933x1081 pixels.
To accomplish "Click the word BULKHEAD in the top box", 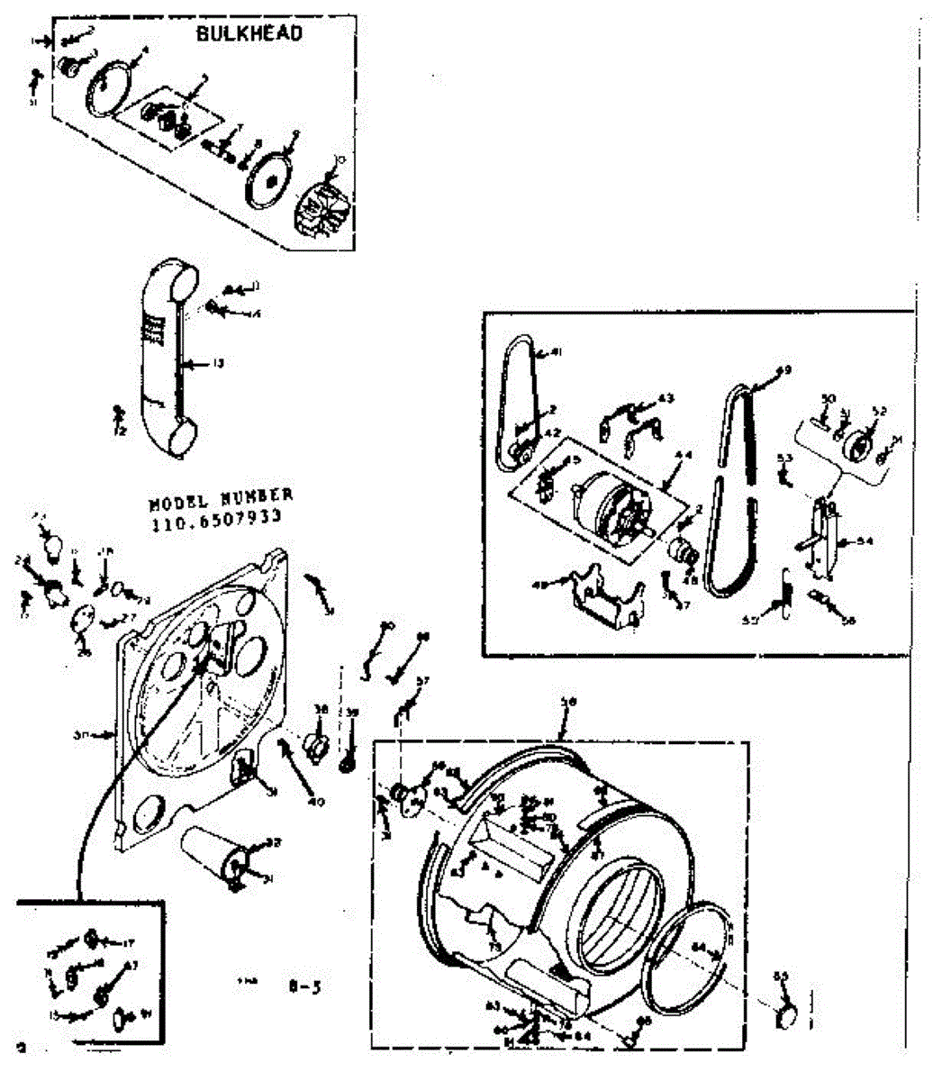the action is [249, 33].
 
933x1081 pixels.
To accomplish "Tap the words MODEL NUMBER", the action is [220, 497].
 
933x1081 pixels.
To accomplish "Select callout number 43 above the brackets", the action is [666, 397].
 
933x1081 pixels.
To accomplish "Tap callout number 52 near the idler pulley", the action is [879, 411].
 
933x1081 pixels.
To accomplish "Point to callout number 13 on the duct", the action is [217, 364].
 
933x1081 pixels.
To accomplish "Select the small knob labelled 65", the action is [786, 1016].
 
